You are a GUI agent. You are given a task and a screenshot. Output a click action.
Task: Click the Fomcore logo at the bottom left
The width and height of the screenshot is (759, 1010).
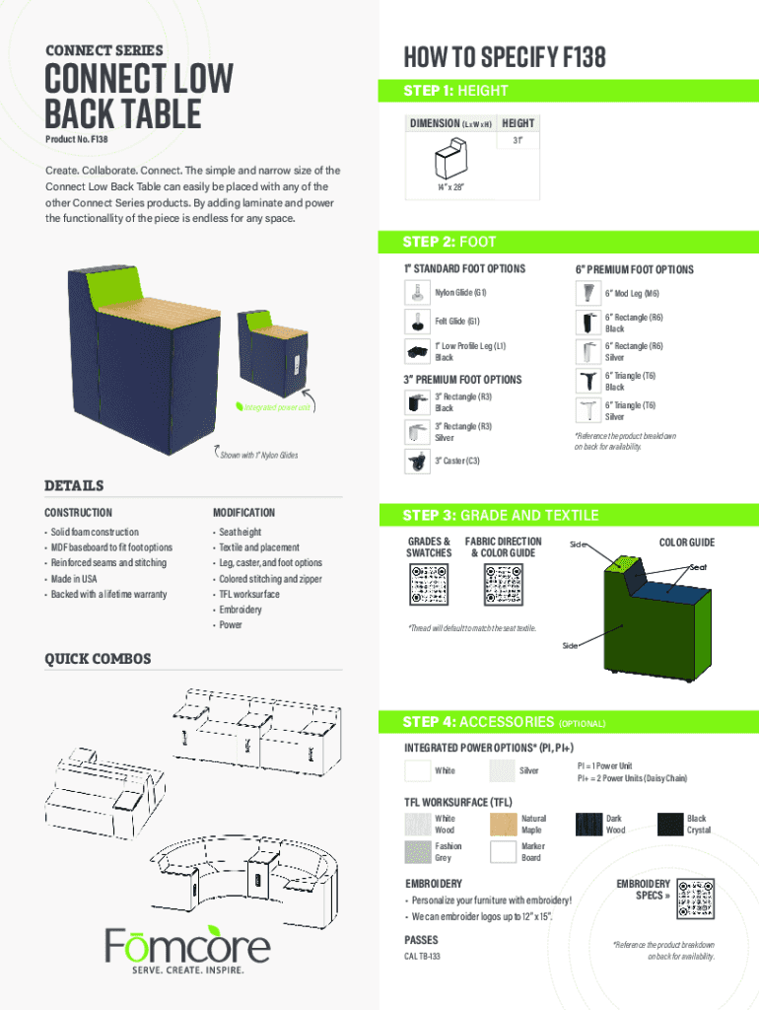point(187,948)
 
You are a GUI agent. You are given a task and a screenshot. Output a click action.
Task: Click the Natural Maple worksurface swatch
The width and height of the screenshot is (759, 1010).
point(504,824)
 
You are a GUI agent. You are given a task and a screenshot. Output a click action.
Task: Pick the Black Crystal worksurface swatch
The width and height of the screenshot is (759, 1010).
point(670,824)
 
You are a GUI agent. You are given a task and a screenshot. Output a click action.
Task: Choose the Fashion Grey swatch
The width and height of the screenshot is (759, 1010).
point(418,852)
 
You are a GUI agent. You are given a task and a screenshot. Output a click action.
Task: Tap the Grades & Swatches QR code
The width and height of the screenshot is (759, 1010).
point(426,589)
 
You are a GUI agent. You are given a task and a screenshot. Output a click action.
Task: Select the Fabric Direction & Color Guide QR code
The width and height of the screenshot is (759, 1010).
point(503,589)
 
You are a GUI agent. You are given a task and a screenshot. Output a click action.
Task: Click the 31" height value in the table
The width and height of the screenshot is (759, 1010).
point(516,140)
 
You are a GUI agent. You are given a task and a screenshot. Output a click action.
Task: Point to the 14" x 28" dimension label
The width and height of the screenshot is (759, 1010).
point(450,186)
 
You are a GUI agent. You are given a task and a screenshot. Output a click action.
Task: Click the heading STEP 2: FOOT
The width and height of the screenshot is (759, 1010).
point(449,242)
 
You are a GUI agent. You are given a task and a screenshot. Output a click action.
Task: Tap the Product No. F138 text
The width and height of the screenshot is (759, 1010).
point(77,140)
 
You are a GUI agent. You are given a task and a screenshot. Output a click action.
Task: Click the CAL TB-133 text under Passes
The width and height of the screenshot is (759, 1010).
point(423,957)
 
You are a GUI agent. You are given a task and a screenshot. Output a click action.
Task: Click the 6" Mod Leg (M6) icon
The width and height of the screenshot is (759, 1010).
point(588,293)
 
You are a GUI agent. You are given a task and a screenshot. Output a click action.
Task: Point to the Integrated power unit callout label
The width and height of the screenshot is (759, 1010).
point(277,407)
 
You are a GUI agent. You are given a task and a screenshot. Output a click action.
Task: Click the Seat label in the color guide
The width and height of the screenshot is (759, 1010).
point(698,566)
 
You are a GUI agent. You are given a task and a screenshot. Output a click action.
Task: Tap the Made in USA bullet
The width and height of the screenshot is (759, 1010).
point(75,579)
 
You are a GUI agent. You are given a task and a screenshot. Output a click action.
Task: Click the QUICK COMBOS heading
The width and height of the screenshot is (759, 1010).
point(98,658)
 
